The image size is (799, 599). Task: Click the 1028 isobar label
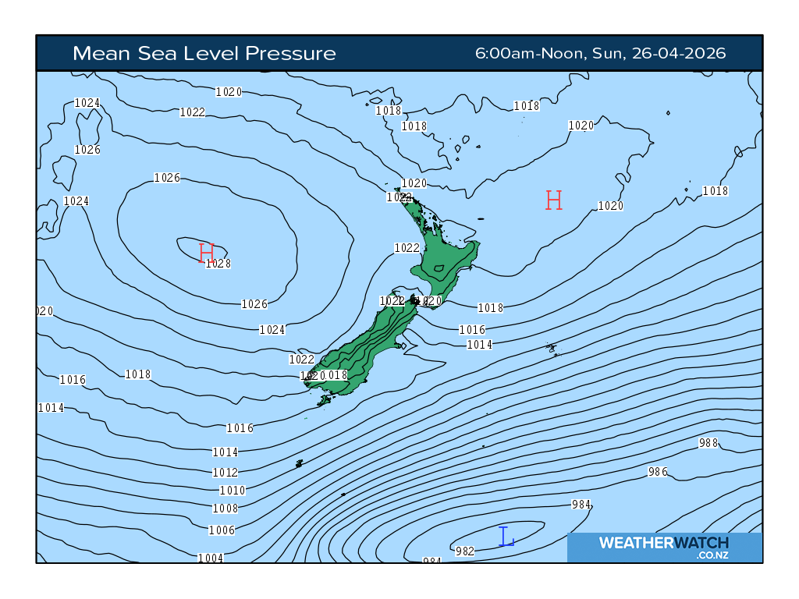[x=218, y=264]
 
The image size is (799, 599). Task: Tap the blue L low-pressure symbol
[x=506, y=537]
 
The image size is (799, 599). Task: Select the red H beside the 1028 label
[x=206, y=253]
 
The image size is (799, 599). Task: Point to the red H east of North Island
[x=554, y=200]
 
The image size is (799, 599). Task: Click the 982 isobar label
[x=465, y=551]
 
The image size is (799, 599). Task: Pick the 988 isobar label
[x=708, y=443]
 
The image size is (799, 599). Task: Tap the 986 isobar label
[x=658, y=472]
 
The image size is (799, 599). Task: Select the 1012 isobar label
[x=225, y=473]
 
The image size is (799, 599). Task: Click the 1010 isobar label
[x=233, y=491]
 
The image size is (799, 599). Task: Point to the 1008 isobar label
[x=225, y=509]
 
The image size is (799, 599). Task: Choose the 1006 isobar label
[x=222, y=530]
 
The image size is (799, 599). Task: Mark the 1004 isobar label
[x=211, y=558]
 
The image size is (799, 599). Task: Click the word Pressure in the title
[x=290, y=53]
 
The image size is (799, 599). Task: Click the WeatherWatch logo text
[x=663, y=543]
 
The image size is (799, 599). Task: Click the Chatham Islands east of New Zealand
[x=552, y=348]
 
